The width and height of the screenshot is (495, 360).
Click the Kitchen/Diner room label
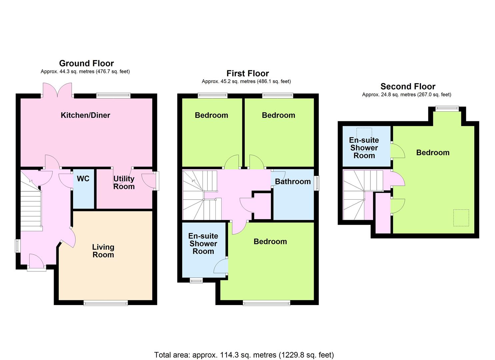[x=85, y=115]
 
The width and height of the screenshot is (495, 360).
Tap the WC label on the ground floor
[x=83, y=179]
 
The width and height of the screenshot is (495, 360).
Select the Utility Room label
[x=124, y=183]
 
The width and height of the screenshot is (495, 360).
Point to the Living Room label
[x=103, y=251]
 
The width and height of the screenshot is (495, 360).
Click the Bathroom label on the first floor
[x=293, y=182]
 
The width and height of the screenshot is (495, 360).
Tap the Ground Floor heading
[x=86, y=63]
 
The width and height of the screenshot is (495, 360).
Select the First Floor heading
[x=248, y=73]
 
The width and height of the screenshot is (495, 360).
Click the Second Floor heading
[x=408, y=86]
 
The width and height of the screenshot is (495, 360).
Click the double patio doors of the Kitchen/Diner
[x=57, y=90]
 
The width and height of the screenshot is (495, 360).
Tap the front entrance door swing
[x=37, y=261]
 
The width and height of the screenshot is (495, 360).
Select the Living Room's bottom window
[x=106, y=303]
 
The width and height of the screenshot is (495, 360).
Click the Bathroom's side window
[x=317, y=183]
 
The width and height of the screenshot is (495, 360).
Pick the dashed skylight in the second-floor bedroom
[x=461, y=218]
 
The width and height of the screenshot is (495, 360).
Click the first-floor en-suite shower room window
[x=196, y=281]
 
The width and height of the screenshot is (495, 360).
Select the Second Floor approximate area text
[x=406, y=95]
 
